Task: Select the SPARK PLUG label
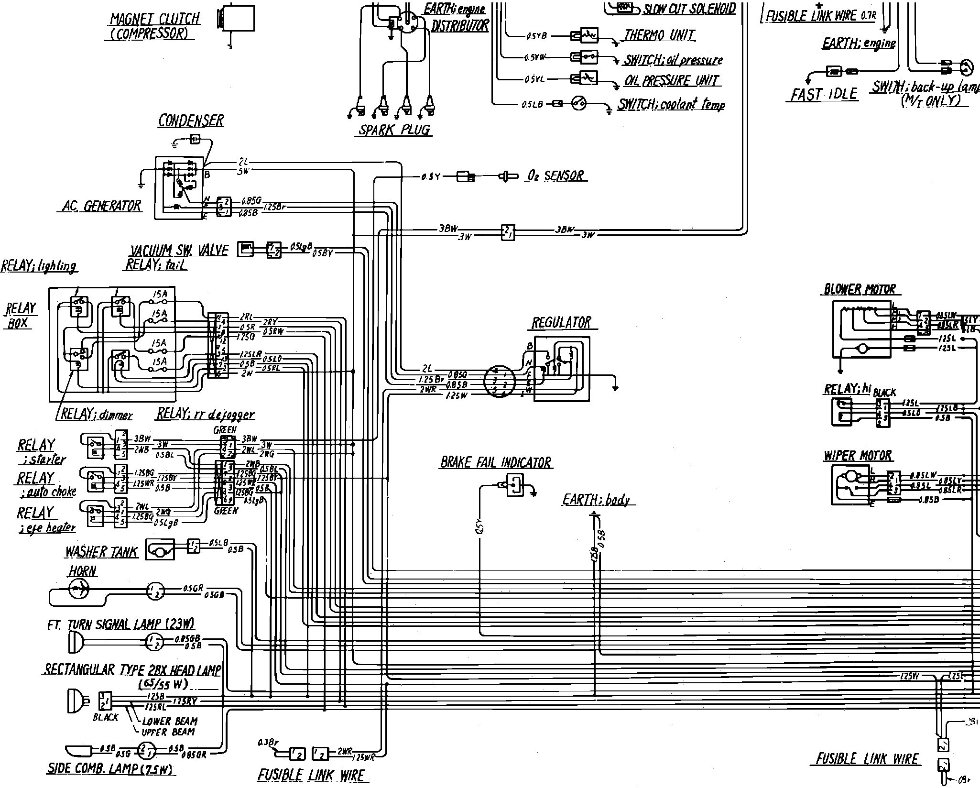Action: [x=394, y=130]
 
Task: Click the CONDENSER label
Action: [x=191, y=120]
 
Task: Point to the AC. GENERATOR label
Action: [x=102, y=206]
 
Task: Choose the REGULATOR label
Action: [x=561, y=323]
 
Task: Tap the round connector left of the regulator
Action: [x=499, y=381]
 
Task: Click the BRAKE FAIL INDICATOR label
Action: [x=496, y=462]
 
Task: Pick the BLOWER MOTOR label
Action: [x=860, y=289]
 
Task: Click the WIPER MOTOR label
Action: [x=858, y=456]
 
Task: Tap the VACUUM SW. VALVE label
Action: [x=179, y=250]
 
